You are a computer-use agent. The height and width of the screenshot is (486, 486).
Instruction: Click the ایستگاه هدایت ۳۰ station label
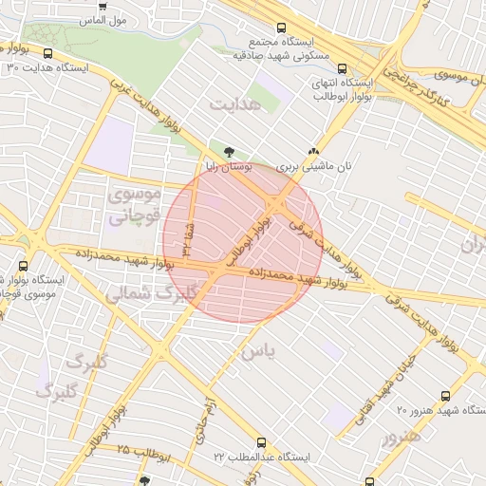pyautogui.click(x=48, y=68)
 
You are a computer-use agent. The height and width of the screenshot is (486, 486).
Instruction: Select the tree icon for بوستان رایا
pyautogui.click(x=229, y=151)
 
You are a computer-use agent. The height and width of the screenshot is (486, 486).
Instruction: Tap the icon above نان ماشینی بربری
pyautogui.click(x=314, y=151)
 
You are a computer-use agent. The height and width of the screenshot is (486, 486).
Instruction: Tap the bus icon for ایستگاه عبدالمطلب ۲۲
pyautogui.click(x=262, y=443)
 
